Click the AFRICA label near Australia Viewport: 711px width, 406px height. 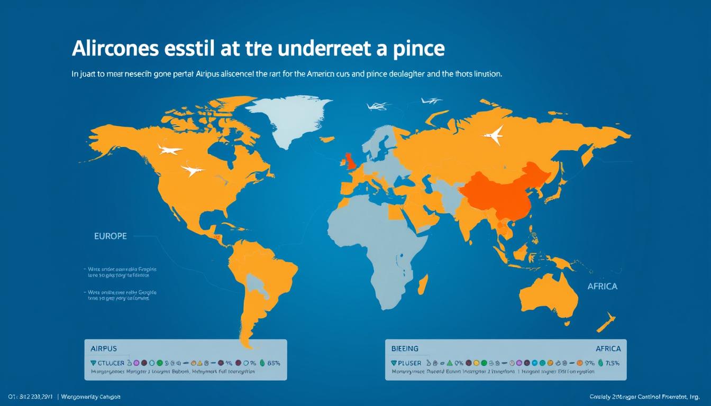(602, 286)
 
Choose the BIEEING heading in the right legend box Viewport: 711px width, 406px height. (405, 349)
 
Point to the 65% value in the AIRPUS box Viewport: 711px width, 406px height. (274, 363)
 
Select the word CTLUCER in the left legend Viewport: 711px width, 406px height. (108, 363)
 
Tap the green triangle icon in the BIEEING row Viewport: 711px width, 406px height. (450, 363)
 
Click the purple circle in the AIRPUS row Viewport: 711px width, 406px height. (136, 363)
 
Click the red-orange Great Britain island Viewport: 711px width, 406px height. (350, 161)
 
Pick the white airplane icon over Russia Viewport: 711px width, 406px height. (493, 136)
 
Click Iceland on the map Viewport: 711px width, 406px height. (328, 140)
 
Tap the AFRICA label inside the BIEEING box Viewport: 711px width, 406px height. (608, 349)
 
